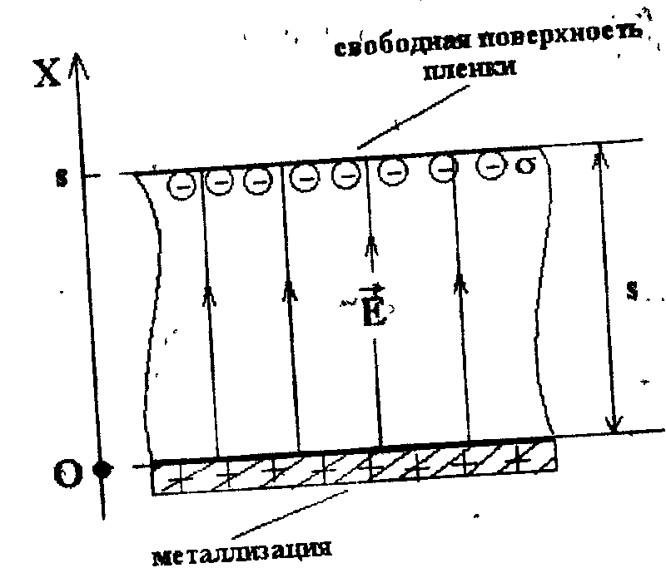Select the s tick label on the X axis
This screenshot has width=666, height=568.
coord(62,178)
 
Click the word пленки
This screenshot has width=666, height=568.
coord(471,70)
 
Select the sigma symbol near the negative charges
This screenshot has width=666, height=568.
coord(524,167)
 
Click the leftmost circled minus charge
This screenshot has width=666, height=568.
coord(181,185)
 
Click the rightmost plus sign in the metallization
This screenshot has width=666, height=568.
coord(522,456)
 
